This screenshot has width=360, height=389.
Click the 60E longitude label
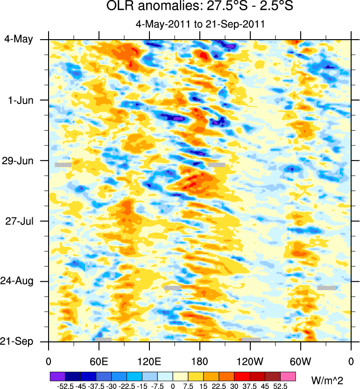[x=99, y=361]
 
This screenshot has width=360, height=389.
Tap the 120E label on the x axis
[x=149, y=361]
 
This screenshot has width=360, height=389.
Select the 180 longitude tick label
[x=199, y=361]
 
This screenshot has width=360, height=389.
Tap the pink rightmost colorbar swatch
[x=288, y=375]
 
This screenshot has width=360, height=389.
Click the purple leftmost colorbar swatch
[x=57, y=375]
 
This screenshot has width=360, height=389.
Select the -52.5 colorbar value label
[x=64, y=386]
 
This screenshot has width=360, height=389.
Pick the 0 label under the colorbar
[x=173, y=386]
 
